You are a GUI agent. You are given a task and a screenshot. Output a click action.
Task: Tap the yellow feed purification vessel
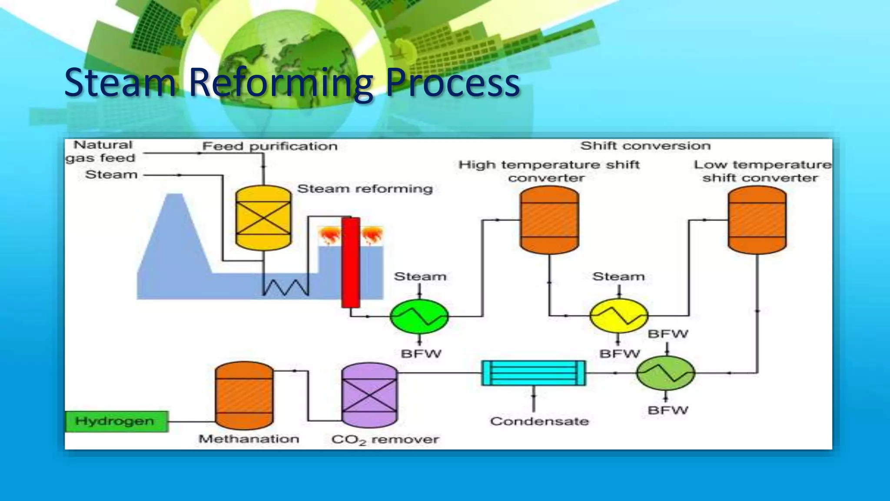click(263, 218)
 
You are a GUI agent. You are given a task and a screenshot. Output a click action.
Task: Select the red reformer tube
click(350, 262)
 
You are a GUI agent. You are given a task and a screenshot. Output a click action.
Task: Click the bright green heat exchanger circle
click(419, 316)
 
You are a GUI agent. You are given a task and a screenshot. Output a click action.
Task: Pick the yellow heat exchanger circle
click(618, 315)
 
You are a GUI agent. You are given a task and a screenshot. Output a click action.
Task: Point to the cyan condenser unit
click(534, 373)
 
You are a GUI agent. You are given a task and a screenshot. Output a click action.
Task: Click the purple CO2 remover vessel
click(369, 395)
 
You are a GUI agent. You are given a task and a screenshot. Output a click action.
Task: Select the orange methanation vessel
click(244, 395)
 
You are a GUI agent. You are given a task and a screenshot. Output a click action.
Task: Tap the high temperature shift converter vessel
click(549, 220)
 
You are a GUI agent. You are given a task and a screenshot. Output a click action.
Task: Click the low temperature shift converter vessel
click(757, 220)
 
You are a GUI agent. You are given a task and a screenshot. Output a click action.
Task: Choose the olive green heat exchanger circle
click(666, 373)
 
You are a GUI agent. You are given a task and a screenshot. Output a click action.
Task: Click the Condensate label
click(539, 421)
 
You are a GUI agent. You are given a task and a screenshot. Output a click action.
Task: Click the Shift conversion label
click(645, 146)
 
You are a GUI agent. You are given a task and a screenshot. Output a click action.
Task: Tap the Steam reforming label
click(365, 189)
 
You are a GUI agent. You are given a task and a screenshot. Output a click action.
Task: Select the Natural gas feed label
click(102, 151)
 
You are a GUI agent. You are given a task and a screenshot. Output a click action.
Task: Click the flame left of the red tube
click(329, 236)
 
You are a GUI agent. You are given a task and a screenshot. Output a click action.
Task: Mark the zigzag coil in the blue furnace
click(286, 287)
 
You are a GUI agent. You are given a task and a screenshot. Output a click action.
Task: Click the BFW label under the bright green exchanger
click(421, 354)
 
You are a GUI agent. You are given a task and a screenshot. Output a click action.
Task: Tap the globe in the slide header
click(287, 57)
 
